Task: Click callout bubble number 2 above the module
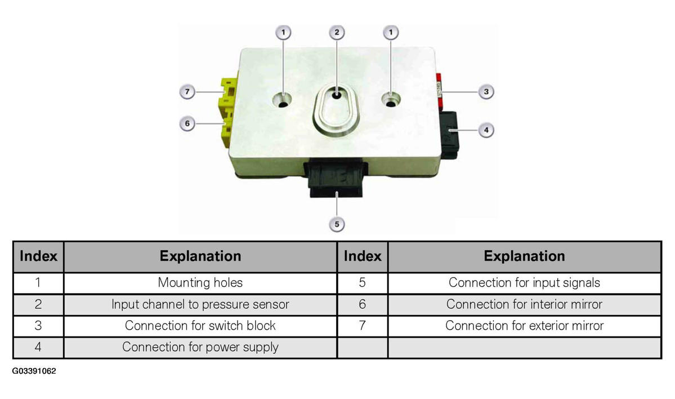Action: [x=337, y=32]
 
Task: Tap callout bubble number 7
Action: [x=187, y=91]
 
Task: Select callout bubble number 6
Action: [x=187, y=123]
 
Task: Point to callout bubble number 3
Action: [x=486, y=91]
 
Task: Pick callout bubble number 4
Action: [x=486, y=130]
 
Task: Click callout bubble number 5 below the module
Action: [x=337, y=224]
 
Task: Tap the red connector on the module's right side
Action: [x=439, y=92]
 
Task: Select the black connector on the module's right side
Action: [x=450, y=135]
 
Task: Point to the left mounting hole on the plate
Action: [x=282, y=100]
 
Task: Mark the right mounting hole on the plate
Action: [x=391, y=100]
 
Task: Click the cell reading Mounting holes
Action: [x=200, y=283]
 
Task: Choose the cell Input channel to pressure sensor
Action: [x=200, y=305]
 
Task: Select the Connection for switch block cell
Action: [x=200, y=326]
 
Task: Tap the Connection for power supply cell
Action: [x=200, y=347]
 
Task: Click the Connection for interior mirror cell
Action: [x=524, y=305]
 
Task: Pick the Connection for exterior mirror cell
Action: [x=524, y=326]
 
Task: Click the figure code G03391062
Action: [x=34, y=371]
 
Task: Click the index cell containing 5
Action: [x=363, y=283]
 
